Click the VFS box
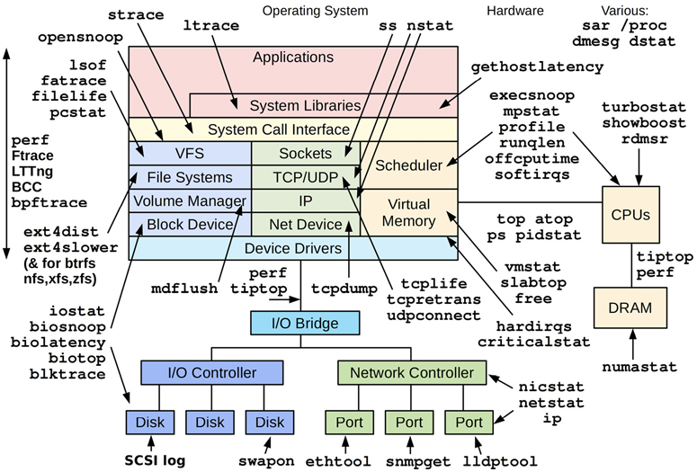189,154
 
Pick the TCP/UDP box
305,177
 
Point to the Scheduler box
408,165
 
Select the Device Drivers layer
293,248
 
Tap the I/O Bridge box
305,321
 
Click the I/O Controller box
212,372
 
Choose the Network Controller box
411,372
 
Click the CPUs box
630,216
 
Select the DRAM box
630,308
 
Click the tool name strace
136,14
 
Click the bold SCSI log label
154,460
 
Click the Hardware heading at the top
514,11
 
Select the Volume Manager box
189,200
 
